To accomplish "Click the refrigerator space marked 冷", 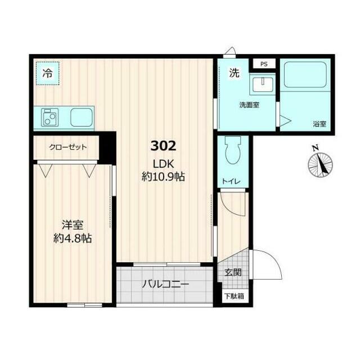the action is tap(47, 74).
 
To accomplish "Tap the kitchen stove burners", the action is tap(50, 118).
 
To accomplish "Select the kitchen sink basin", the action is tap(82, 118).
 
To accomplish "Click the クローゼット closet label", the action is tap(68, 147).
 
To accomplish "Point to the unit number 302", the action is tap(164, 146).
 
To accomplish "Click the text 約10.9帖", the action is tap(164, 177).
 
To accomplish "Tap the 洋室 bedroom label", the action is tap(73, 225).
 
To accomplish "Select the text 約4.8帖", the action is tap(73, 238).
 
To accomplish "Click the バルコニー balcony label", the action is tap(165, 285).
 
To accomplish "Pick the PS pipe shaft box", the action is tap(264, 64).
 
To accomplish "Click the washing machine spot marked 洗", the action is tap(234, 73).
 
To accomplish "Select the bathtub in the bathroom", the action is tap(305, 74).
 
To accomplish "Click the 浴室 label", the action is tap(319, 124).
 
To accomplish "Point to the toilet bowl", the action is tap(233, 150).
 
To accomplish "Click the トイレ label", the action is tap(231, 182).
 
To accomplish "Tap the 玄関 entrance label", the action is tap(233, 272).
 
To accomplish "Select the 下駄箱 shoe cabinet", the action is tap(234, 296).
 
